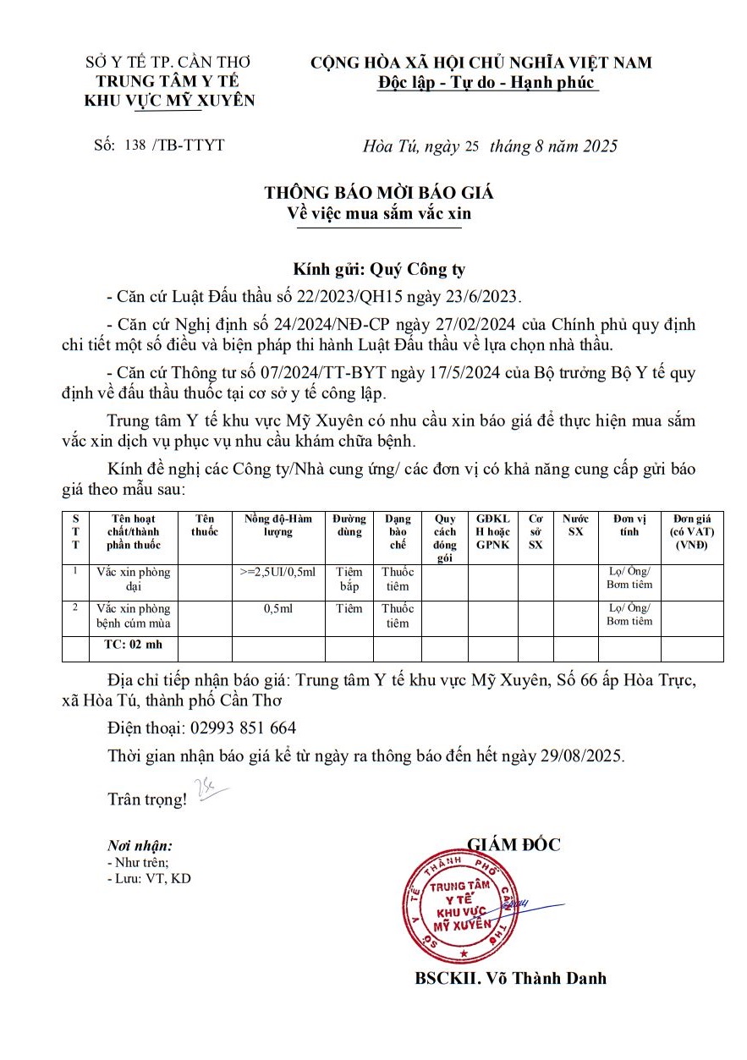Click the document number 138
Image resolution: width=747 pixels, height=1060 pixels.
(x=135, y=145)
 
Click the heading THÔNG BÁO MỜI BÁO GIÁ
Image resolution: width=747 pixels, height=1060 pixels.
(x=378, y=193)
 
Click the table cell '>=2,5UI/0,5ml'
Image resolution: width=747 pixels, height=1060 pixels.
(x=277, y=572)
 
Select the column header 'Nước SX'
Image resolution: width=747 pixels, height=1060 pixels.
(x=574, y=525)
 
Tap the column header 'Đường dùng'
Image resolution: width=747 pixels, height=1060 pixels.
(x=349, y=525)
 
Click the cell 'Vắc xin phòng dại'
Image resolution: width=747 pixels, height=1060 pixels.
(x=133, y=579)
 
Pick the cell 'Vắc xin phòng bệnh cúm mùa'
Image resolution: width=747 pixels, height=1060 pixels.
(x=133, y=616)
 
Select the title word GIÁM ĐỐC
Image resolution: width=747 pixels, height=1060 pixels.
(x=514, y=844)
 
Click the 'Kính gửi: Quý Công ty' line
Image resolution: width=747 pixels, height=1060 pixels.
(x=379, y=270)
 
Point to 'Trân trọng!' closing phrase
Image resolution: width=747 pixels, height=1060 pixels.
(x=146, y=799)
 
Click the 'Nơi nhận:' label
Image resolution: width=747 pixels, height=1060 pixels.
(x=140, y=845)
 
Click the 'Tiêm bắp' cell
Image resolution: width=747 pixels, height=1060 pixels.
(x=349, y=579)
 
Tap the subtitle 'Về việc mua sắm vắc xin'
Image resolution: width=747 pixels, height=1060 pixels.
(x=378, y=214)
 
